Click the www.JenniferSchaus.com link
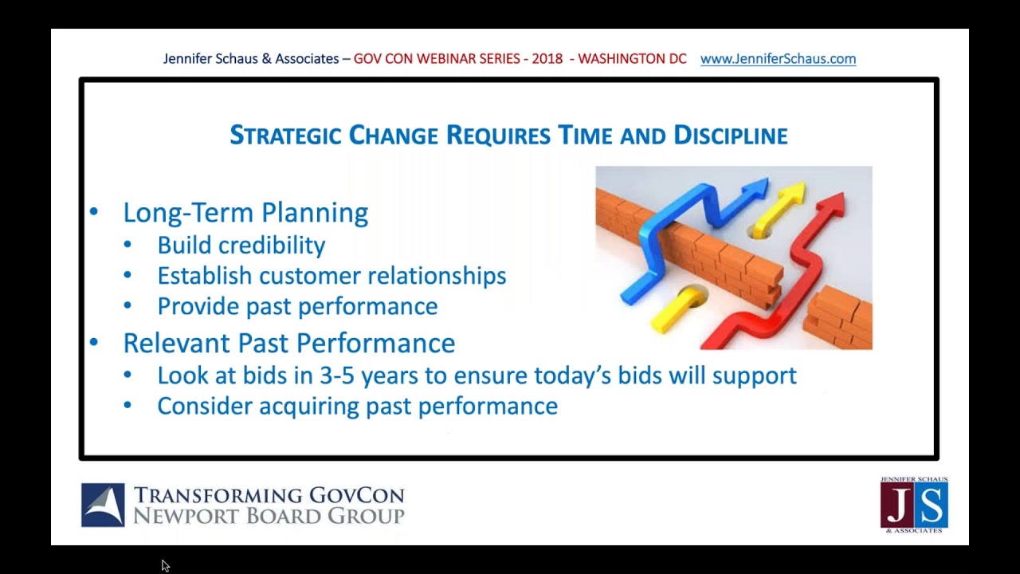778,59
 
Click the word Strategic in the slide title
285,136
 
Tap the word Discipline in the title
730,136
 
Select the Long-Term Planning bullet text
245,213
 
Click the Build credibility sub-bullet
241,246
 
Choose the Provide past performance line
297,306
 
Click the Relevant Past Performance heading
288,343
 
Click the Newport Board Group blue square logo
103,505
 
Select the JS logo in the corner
914,505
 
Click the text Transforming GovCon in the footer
269,495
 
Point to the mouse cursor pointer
165,565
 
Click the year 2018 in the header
547,59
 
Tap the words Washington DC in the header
632,59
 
